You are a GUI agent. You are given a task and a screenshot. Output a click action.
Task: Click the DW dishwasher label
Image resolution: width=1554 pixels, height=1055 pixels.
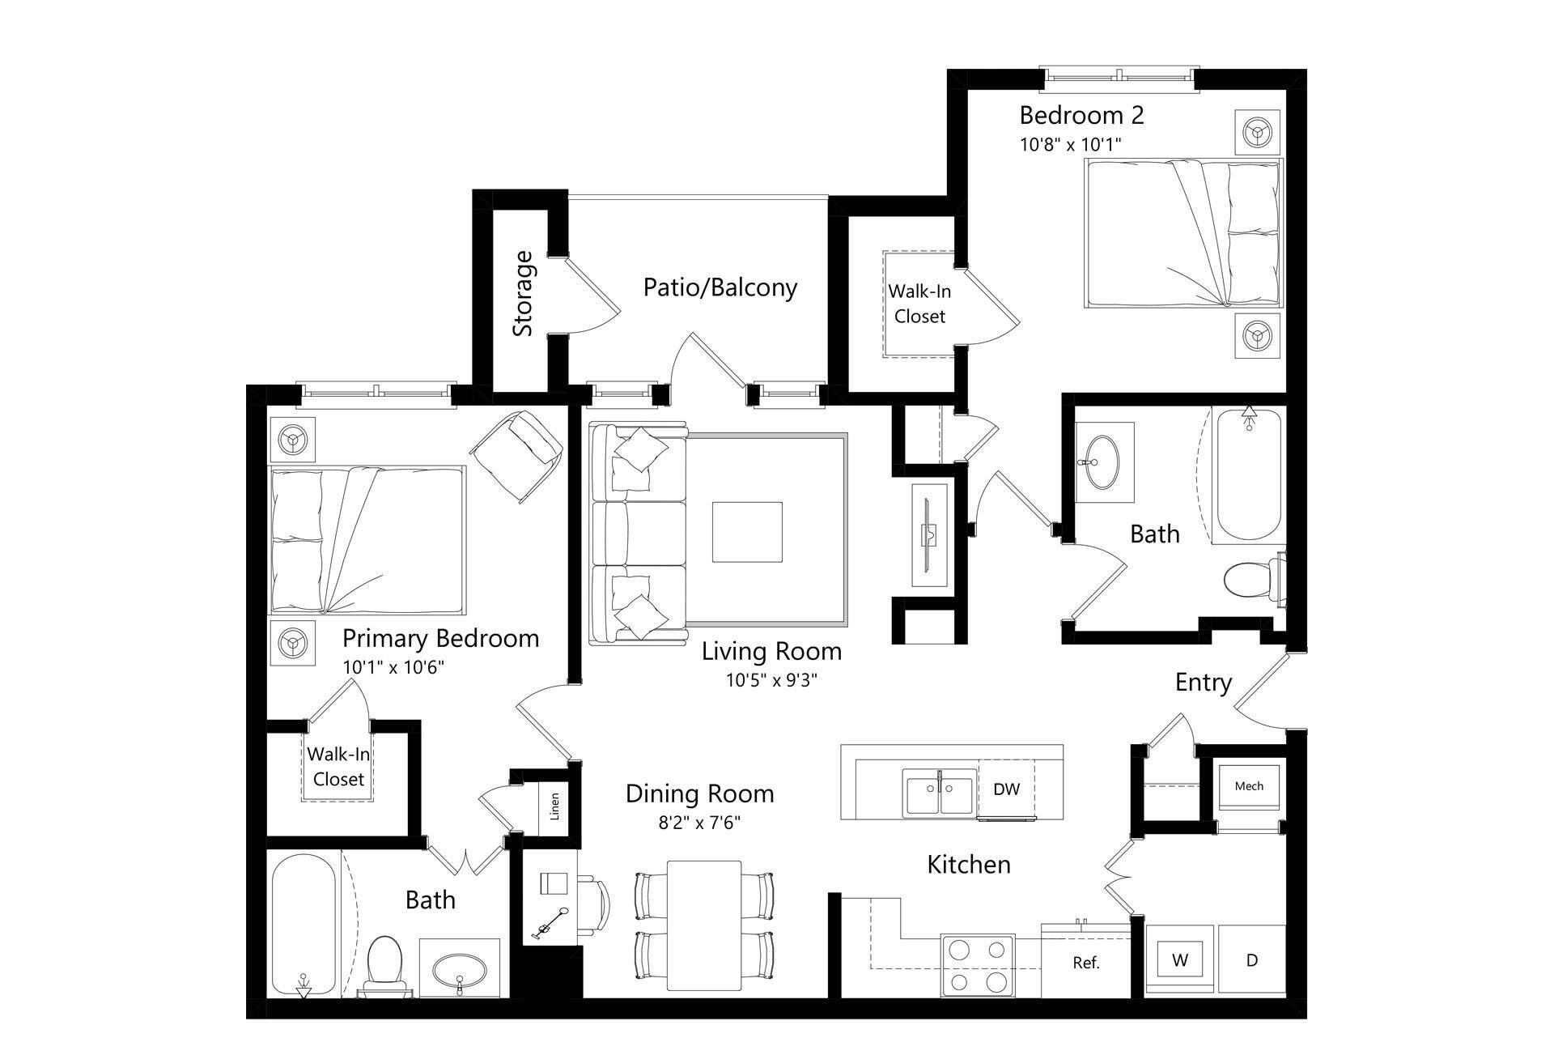click(x=1006, y=789)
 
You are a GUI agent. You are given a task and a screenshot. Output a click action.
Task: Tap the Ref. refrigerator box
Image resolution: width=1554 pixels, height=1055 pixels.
click(x=1085, y=964)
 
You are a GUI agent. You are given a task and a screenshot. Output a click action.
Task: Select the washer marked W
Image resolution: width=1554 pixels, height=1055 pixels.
click(x=1180, y=961)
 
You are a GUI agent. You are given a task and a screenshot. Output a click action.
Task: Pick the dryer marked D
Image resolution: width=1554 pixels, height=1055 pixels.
click(x=1252, y=961)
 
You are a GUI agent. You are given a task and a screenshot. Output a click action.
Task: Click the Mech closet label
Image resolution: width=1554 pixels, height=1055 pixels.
click(x=1249, y=786)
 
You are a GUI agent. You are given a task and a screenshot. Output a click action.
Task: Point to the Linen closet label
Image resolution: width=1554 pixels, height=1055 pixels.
click(x=554, y=806)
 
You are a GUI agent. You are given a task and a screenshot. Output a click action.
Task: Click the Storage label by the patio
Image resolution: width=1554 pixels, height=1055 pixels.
click(x=524, y=293)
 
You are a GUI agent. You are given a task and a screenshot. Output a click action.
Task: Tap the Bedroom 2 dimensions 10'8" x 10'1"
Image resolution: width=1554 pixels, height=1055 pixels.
click(x=1070, y=145)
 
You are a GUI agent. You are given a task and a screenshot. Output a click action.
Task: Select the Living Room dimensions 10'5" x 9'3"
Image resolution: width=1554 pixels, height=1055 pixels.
click(x=771, y=681)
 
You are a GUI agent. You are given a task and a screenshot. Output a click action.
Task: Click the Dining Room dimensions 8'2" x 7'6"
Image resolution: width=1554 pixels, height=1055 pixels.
click(x=699, y=824)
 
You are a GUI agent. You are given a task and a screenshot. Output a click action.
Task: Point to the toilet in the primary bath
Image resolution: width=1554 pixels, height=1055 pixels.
click(x=384, y=964)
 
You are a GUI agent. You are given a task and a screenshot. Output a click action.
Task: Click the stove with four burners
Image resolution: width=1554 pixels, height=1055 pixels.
click(x=978, y=965)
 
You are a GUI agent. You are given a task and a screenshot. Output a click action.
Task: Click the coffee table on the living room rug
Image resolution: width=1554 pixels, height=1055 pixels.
click(x=747, y=532)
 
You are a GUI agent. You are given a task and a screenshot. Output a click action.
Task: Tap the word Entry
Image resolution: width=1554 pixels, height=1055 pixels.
click(x=1203, y=683)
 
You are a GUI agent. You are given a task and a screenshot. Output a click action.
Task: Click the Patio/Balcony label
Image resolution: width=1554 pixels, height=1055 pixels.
click(x=720, y=288)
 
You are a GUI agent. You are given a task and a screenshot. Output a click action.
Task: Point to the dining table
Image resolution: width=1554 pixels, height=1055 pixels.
click(x=703, y=925)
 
